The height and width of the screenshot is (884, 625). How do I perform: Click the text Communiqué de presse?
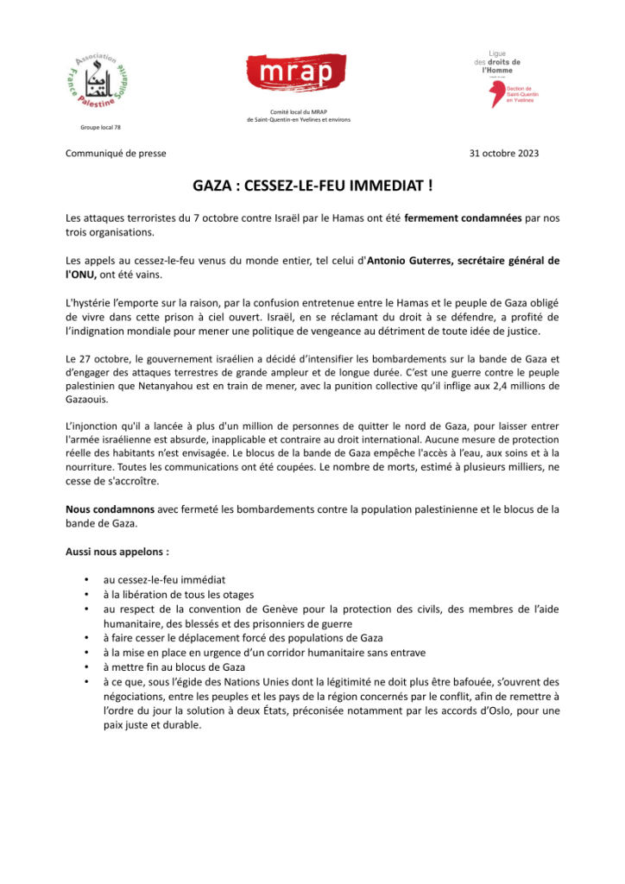pyautogui.click(x=116, y=154)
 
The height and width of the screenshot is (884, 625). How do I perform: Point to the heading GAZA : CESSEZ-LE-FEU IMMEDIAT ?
pyautogui.click(x=312, y=186)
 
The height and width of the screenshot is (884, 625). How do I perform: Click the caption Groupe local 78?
pyautogui.click(x=96, y=128)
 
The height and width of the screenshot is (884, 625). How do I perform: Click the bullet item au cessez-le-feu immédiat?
pyautogui.click(x=164, y=580)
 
